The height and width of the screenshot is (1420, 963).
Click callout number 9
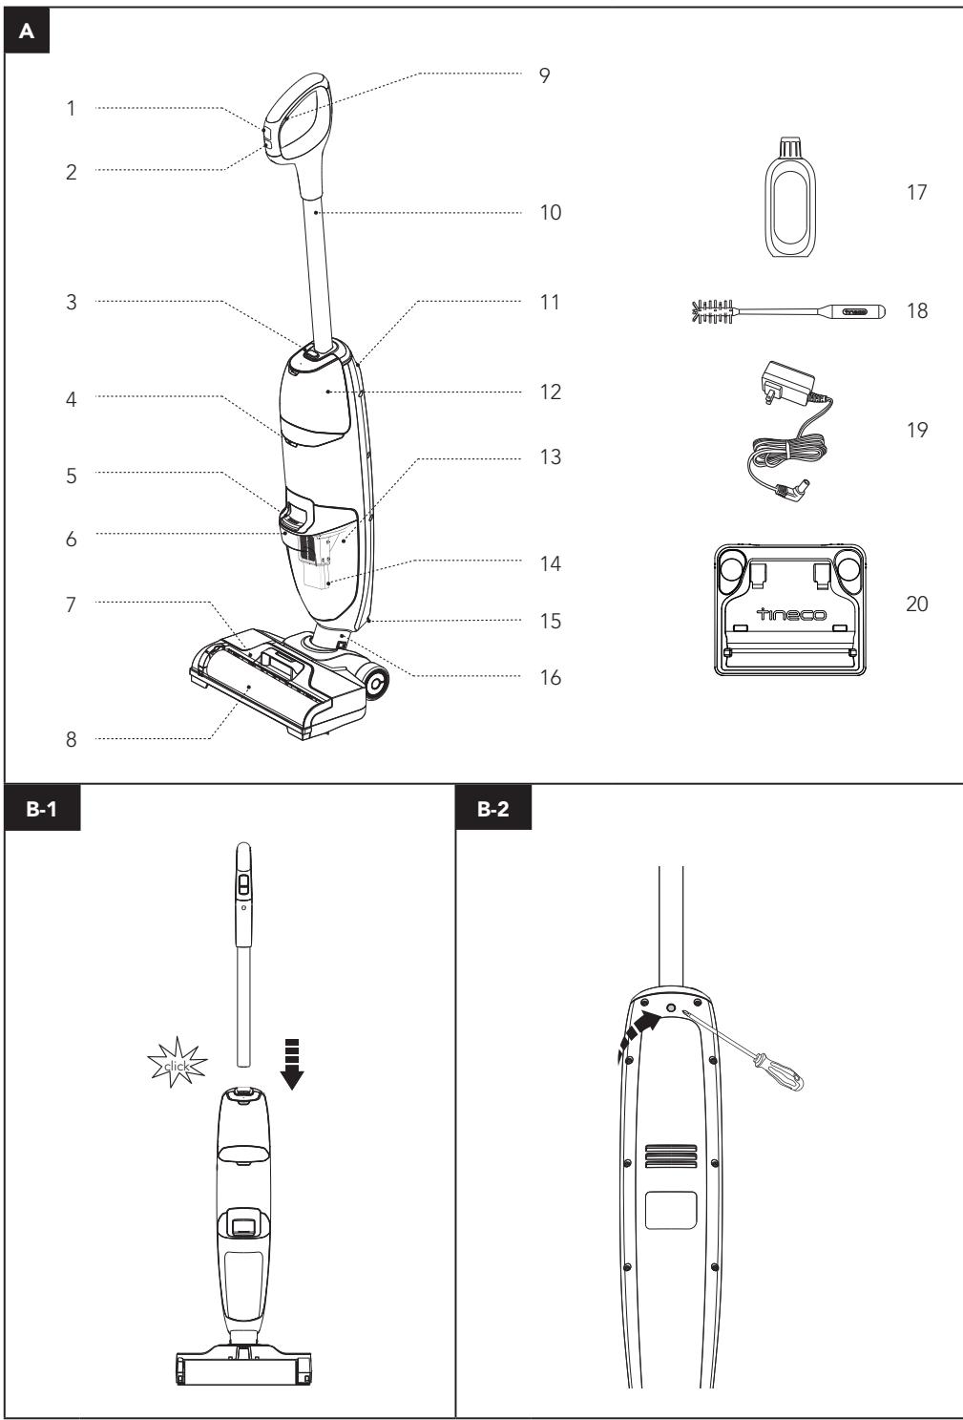545,74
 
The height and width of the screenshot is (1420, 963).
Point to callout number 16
548,678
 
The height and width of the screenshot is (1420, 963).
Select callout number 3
71,302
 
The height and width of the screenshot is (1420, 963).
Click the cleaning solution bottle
792,198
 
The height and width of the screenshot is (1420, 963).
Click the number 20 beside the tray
915,604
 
